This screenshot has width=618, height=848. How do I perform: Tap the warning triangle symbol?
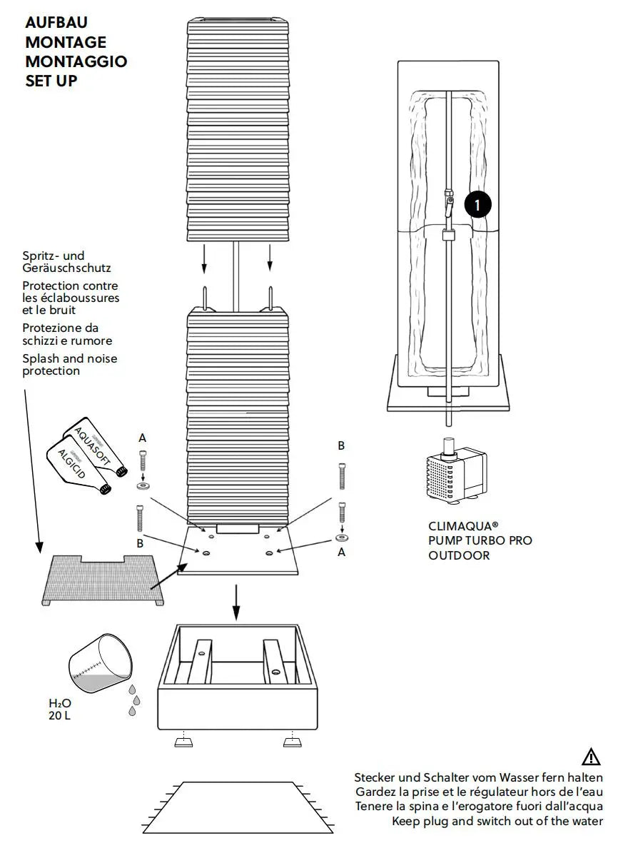click(592, 757)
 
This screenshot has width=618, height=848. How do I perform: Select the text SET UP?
click(51, 81)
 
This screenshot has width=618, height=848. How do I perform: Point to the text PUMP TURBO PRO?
click(480, 541)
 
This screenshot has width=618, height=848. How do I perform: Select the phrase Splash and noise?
click(69, 359)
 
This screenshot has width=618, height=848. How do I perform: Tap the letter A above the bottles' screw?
click(142, 437)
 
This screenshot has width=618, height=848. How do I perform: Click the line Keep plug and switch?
click(497, 820)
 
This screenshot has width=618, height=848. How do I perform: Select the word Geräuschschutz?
click(66, 268)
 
